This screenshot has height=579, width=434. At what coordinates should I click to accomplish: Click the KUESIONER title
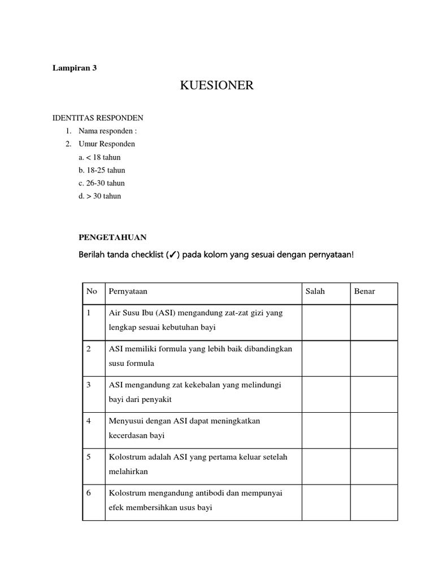tap(217, 86)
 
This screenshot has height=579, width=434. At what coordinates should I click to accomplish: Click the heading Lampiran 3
tap(75, 68)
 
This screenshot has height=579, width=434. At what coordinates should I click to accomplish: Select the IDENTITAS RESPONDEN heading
tap(98, 118)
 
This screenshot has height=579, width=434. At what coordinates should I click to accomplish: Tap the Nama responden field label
tap(108, 131)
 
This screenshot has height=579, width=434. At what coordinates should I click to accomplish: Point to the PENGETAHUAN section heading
tap(112, 237)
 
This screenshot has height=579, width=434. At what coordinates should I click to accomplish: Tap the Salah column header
tap(315, 292)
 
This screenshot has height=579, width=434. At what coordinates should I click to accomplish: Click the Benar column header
tap(364, 292)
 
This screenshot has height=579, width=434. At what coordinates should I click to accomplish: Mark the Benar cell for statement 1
tap(374, 322)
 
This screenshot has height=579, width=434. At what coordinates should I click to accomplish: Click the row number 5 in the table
tap(89, 457)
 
